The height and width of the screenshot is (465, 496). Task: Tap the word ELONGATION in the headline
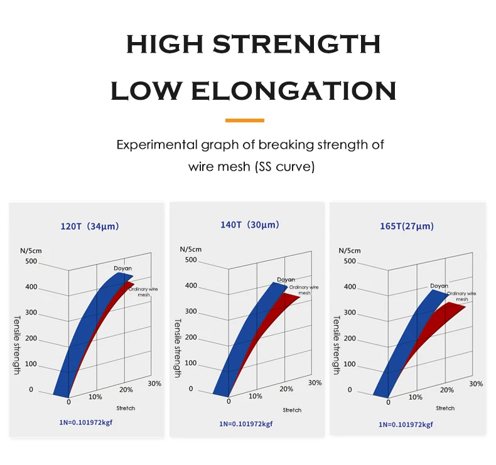[293, 92]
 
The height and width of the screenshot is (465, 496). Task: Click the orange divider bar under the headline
[244, 120]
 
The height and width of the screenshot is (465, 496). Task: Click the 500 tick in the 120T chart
[31, 262]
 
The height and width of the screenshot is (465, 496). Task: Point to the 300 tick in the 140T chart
[191, 312]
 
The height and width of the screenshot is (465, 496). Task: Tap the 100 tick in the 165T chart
[350, 364]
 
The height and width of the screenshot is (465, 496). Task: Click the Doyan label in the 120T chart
[123, 269]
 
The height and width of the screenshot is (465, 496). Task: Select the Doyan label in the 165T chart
[439, 286]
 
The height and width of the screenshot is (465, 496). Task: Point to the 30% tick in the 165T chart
[476, 383]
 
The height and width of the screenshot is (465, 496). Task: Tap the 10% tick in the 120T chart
[95, 397]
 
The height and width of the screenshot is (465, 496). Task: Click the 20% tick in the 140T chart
[286, 389]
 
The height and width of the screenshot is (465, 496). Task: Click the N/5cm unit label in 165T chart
[350, 250]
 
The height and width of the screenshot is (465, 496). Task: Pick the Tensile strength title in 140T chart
[177, 348]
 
